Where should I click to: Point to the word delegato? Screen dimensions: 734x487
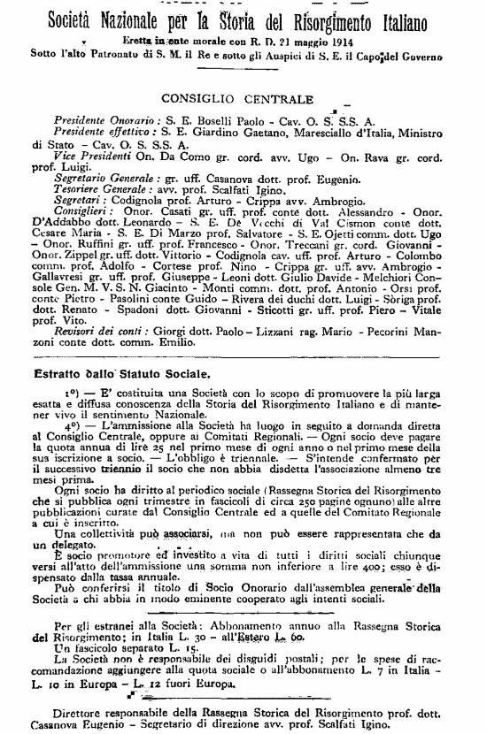pos(58,545)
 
